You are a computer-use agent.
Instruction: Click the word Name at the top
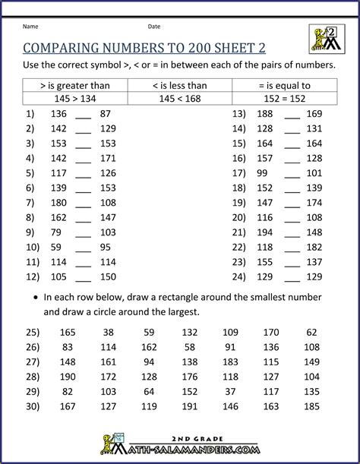tap(31, 27)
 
